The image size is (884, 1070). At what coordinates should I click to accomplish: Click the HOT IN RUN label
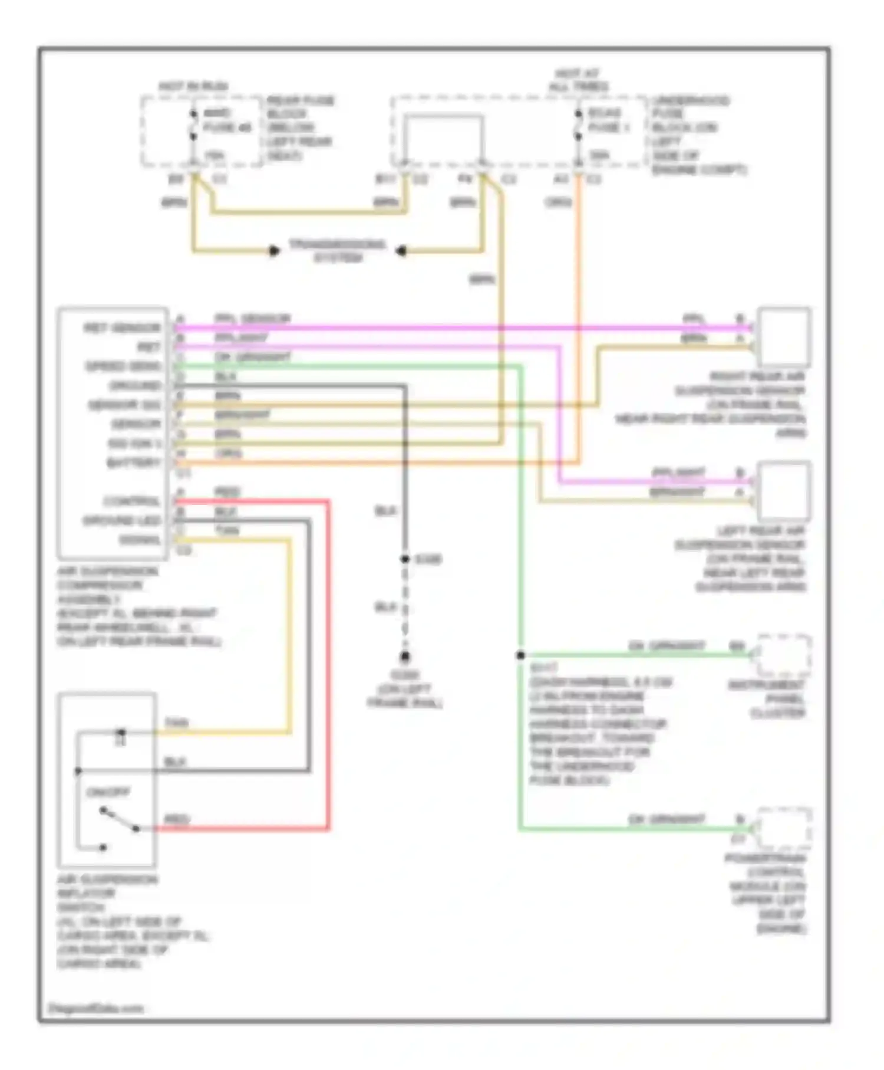tap(193, 86)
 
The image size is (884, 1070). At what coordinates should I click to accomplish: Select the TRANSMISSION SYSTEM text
tap(337, 251)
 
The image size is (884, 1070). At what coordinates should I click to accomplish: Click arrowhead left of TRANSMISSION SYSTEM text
tap(274, 251)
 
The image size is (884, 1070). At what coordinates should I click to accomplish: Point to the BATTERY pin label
tap(134, 462)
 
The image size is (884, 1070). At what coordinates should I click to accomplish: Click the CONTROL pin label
tap(132, 501)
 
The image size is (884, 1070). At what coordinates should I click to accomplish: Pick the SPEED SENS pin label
tap(123, 366)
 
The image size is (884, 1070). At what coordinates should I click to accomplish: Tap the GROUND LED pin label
tap(122, 521)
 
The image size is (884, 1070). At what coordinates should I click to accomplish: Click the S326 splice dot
tap(405, 559)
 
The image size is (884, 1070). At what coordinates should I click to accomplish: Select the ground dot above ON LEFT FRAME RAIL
tap(405, 657)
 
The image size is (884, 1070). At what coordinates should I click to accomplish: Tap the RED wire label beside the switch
tap(176, 819)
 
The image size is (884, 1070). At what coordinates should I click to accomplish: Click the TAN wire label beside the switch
tap(176, 723)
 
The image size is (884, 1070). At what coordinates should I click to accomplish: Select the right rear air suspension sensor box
tap(783, 337)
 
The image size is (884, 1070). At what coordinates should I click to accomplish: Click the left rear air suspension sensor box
tap(783, 491)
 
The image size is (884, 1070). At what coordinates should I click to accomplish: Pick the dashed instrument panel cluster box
tap(784, 655)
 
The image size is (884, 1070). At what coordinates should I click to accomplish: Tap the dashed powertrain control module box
tap(784, 828)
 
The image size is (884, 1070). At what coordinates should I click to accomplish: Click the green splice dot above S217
tap(520, 655)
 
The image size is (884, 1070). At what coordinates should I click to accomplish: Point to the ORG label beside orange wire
tap(558, 202)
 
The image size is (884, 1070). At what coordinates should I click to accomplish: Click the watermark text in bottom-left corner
tap(95, 1008)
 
